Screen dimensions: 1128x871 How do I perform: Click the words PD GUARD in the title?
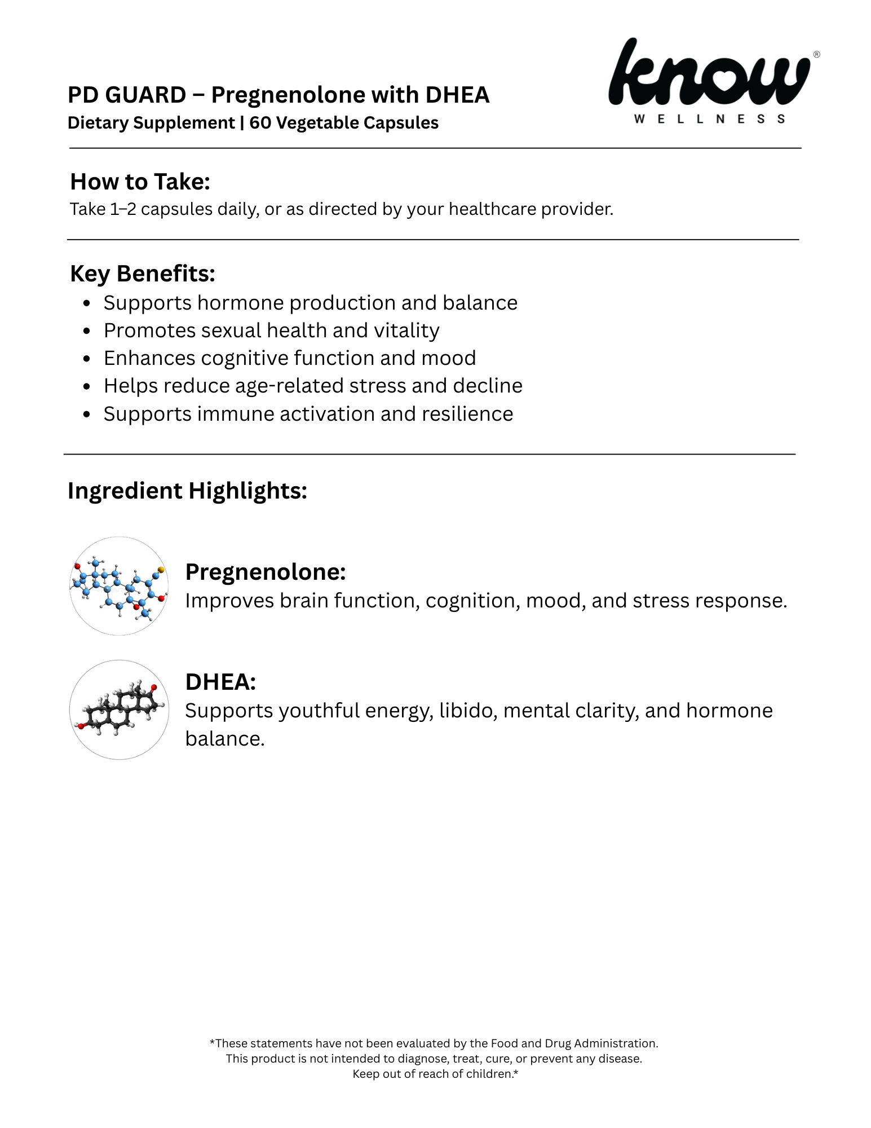126,95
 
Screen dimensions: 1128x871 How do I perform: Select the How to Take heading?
140,182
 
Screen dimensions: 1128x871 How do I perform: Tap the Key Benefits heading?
142,274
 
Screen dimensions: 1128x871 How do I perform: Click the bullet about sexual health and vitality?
271,331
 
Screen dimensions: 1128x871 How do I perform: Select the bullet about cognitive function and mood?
290,358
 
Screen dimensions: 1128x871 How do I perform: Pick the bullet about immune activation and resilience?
308,414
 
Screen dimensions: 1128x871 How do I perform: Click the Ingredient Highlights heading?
187,491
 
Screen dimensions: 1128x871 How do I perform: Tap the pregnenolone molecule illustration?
119,586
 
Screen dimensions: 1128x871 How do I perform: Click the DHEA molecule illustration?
119,710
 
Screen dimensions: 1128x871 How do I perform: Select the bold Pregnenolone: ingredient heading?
265,572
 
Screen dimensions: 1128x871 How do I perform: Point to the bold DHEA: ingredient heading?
220,682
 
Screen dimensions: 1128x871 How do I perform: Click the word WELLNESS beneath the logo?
709,119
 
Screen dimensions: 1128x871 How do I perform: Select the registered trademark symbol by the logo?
816,55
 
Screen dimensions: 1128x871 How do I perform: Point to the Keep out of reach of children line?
435,1074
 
